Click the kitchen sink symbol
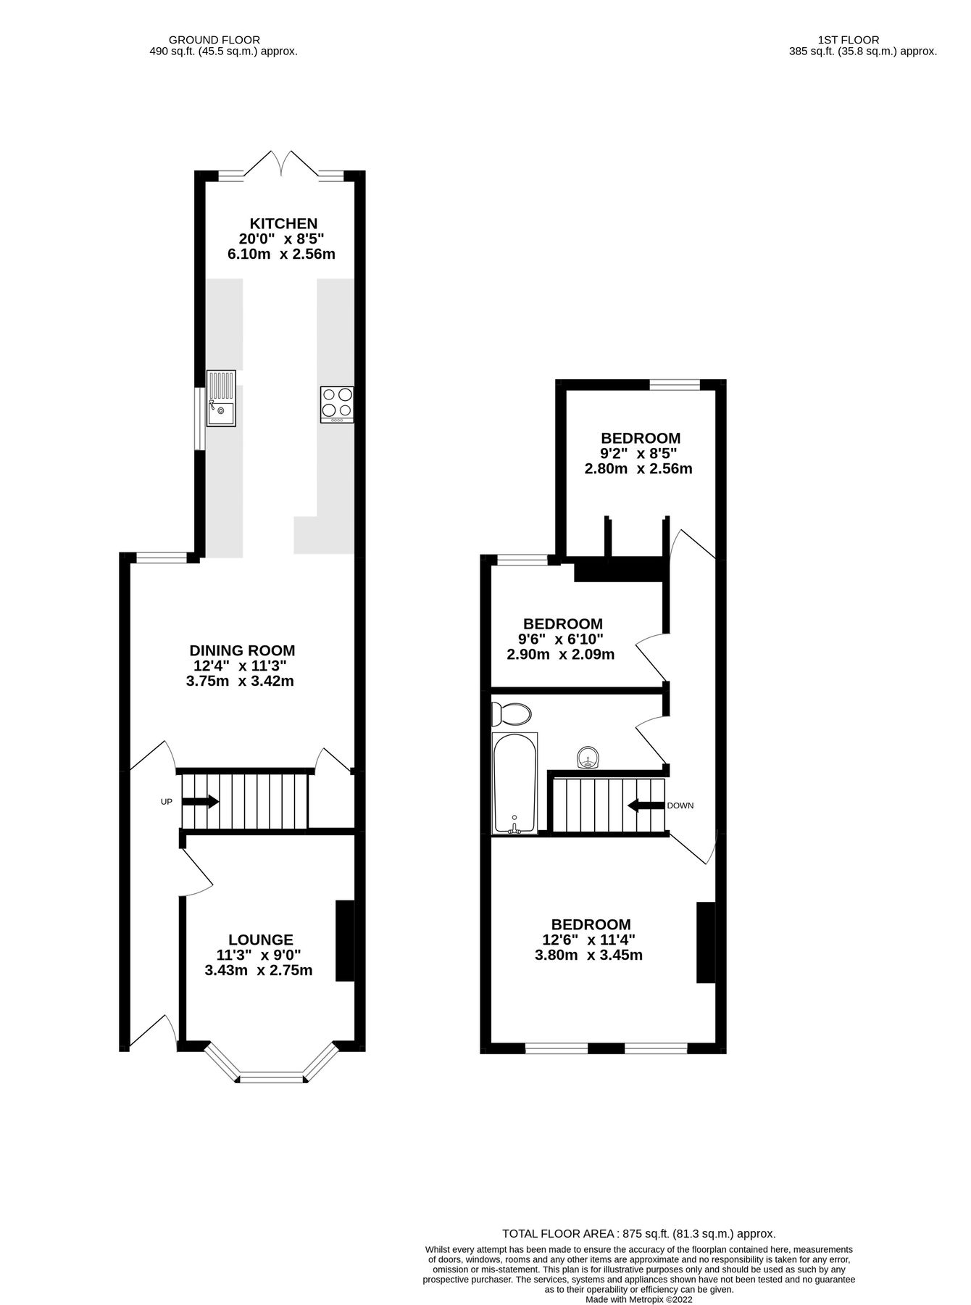click(221, 398)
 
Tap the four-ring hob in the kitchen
click(337, 405)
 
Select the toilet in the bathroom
click(511, 713)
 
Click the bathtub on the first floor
click(514, 783)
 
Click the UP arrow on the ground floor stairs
click(200, 801)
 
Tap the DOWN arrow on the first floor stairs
click(646, 805)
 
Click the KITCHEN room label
click(283, 223)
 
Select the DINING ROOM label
click(242, 650)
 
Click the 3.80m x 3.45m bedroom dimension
click(588, 955)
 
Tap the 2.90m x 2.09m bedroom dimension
click(561, 654)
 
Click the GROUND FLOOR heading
click(214, 40)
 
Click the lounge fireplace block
click(345, 940)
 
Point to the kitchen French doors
click(281, 163)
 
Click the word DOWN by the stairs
click(680, 805)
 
